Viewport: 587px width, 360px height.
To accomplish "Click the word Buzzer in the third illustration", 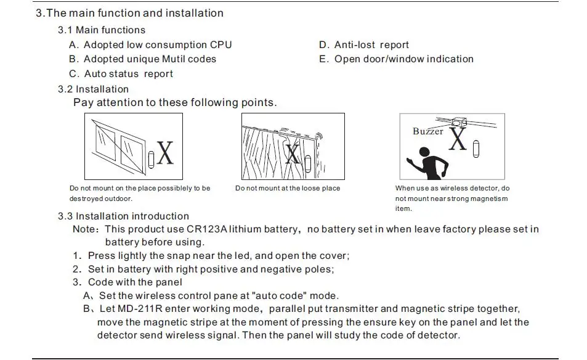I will (x=427, y=131).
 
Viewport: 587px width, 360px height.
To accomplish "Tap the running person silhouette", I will (x=427, y=161).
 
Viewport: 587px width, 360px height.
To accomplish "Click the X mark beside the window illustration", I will (x=164, y=153).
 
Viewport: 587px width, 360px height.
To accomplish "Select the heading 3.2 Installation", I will (x=93, y=89).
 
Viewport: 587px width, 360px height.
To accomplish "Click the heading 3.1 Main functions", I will (x=102, y=30).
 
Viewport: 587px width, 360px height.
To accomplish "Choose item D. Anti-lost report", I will (x=363, y=45).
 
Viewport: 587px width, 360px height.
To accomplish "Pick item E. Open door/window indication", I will (x=396, y=59).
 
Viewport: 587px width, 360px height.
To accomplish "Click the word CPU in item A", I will (x=221, y=45).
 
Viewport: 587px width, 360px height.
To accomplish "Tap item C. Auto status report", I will (x=121, y=74).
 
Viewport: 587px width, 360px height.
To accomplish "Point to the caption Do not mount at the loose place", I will (x=287, y=189).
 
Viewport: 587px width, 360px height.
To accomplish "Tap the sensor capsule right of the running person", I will (x=476, y=149).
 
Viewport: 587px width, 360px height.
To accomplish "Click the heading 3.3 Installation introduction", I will (x=123, y=216).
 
